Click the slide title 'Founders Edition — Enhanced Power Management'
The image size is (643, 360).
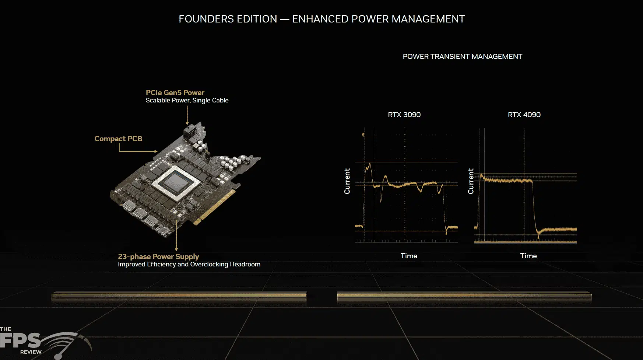point(321,19)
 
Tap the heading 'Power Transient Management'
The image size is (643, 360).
point(462,56)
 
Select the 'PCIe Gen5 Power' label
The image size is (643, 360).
point(175,92)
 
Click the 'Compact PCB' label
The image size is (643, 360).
point(118,139)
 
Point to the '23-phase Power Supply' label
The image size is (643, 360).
point(158,256)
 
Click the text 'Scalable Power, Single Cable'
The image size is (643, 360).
point(187,100)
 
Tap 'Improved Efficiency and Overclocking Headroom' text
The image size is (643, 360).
point(189,264)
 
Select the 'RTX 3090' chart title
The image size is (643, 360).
point(404,115)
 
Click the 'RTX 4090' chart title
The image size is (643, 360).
point(524,115)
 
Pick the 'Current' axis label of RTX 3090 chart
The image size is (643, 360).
point(347,181)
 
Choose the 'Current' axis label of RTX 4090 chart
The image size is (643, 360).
point(471,181)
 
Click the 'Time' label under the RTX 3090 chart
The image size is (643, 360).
point(409,256)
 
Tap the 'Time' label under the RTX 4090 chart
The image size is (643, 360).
point(528,256)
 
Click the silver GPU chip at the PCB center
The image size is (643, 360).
point(176,183)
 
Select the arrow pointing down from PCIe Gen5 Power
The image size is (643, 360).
point(187,115)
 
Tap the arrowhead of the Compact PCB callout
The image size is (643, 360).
point(156,151)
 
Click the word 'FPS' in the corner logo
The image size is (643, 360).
point(20,340)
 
